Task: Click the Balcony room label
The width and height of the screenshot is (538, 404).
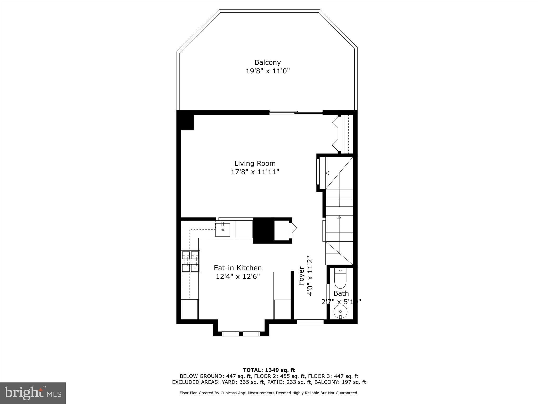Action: [x=267, y=62]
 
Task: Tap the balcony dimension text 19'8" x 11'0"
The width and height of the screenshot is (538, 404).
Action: [x=267, y=71]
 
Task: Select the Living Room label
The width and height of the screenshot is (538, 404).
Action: [x=255, y=163]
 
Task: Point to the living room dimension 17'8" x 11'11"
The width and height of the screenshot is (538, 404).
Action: [x=255, y=172]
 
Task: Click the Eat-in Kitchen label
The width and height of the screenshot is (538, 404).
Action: [x=237, y=268]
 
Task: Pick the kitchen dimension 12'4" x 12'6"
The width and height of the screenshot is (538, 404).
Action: [x=237, y=276]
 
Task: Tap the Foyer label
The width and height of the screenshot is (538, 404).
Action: [x=302, y=276]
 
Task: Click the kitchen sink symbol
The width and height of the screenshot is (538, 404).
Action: [x=223, y=230]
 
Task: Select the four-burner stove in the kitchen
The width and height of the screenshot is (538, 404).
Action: [x=190, y=261]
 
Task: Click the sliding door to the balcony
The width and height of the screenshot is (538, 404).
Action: [x=296, y=113]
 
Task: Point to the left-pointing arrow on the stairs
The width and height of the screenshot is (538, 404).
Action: [x=328, y=173]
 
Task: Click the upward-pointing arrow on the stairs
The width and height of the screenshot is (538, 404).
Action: [x=339, y=217]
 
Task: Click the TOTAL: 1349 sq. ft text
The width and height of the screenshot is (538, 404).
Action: [x=269, y=370]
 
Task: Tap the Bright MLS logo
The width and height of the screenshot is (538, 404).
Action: [x=33, y=393]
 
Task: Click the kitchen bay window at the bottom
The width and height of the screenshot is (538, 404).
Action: [x=241, y=334]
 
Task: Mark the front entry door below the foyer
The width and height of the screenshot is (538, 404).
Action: [x=310, y=321]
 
